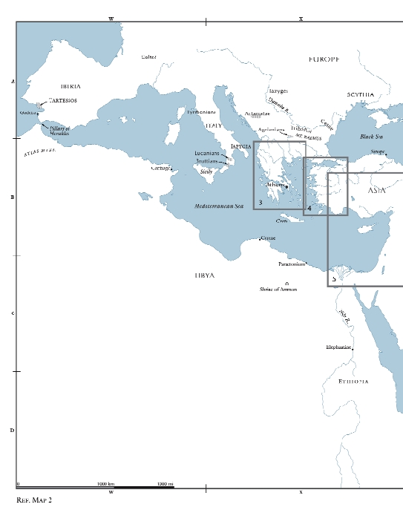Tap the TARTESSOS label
[x=62, y=100]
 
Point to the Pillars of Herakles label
[x=59, y=131]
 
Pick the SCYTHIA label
[x=360, y=95]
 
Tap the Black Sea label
[x=371, y=137]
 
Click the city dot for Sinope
[x=386, y=154]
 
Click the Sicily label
[x=206, y=171]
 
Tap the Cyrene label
[x=267, y=238]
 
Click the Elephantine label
[x=338, y=347]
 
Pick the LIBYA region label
[x=204, y=275]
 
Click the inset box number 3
[x=261, y=202]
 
